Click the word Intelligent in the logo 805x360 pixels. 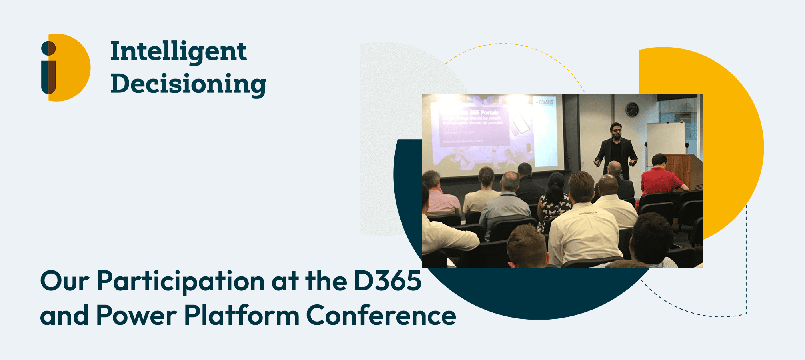(x=178, y=52)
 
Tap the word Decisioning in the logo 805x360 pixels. (x=188, y=84)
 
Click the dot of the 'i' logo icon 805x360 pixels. (x=48, y=48)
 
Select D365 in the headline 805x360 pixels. (x=387, y=280)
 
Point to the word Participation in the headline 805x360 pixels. (x=180, y=281)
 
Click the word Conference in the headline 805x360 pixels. (x=381, y=315)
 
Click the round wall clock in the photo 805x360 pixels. (x=632, y=109)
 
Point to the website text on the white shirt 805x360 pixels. (x=587, y=213)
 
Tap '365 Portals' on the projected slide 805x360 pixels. (x=483, y=113)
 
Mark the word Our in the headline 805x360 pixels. (x=65, y=281)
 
